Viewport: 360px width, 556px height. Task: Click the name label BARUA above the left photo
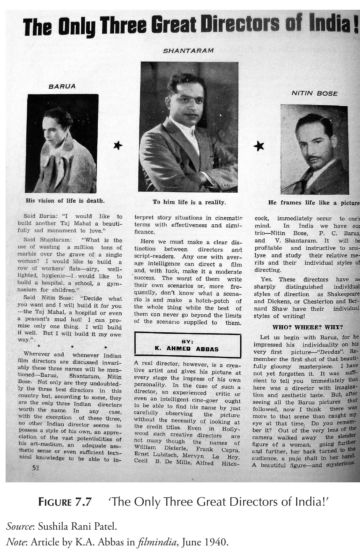[62, 86]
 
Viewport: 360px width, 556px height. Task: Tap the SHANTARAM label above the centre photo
[188, 51]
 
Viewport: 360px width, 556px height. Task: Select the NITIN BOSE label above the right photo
[314, 94]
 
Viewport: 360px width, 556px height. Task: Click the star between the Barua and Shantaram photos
[118, 145]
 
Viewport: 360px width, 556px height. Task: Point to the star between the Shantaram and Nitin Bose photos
[259, 146]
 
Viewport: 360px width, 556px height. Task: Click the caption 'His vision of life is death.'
[65, 201]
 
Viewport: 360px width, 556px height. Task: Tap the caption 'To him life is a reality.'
[189, 202]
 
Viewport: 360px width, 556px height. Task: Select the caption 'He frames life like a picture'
[314, 203]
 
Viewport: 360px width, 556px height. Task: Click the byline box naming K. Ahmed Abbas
[188, 345]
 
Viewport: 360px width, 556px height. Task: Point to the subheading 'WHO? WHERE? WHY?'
[307, 327]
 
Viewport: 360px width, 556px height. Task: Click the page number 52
[36, 468]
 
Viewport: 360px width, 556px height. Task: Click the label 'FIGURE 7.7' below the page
[65, 502]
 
